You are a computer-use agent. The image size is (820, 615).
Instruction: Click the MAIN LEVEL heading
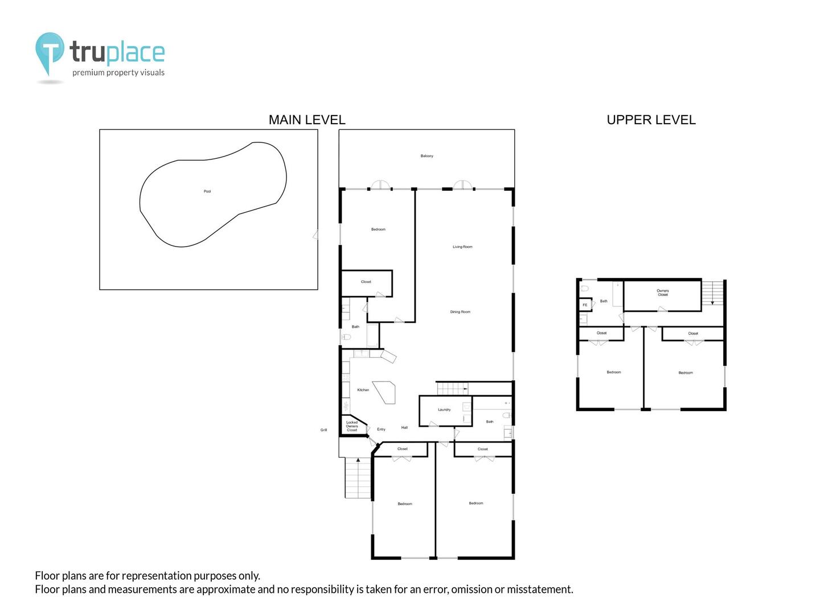pyautogui.click(x=307, y=120)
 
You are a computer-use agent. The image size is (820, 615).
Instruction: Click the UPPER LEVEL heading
pyautogui.click(x=651, y=120)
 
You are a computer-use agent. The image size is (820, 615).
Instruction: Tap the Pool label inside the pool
pyautogui.click(x=207, y=191)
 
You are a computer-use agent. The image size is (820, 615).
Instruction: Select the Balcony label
pyautogui.click(x=427, y=155)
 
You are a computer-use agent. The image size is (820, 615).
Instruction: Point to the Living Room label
pyautogui.click(x=462, y=247)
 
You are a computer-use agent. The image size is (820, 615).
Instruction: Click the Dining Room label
pyautogui.click(x=460, y=312)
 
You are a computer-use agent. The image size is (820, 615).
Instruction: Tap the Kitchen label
pyautogui.click(x=363, y=390)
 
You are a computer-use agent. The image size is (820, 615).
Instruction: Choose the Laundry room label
pyautogui.click(x=444, y=409)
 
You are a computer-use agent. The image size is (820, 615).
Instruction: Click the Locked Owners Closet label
pyautogui.click(x=352, y=426)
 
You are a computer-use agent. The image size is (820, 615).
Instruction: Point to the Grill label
pyautogui.click(x=323, y=430)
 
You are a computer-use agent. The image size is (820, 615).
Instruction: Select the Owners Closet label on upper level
pyautogui.click(x=663, y=293)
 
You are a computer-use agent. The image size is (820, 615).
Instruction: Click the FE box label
pyautogui.click(x=585, y=305)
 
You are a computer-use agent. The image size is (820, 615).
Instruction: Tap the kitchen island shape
pyautogui.click(x=385, y=392)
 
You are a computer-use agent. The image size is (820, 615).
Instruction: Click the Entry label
pyautogui.click(x=381, y=429)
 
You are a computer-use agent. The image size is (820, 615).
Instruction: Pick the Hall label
pyautogui.click(x=404, y=428)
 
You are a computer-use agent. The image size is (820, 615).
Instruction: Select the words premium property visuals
pyautogui.click(x=118, y=72)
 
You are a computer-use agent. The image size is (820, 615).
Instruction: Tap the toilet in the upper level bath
pyautogui.click(x=585, y=288)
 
